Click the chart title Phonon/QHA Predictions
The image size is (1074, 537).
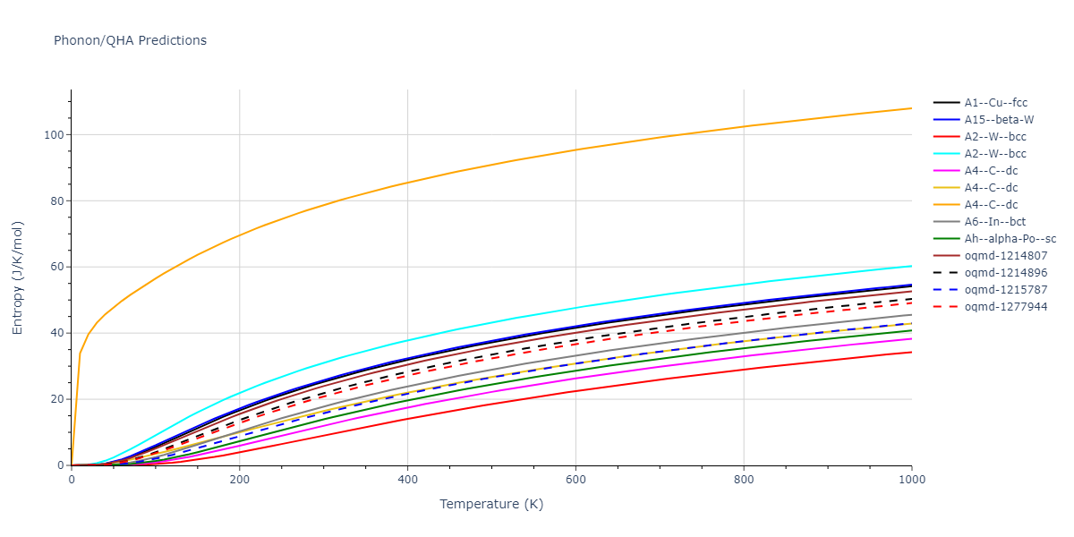coord(130,40)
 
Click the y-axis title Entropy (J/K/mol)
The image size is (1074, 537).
coord(18,277)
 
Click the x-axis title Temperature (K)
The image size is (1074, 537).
coord(491,504)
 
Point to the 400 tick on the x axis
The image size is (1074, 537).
coord(407,480)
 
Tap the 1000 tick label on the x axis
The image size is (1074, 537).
coord(911,480)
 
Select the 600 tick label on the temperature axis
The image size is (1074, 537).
coord(575,480)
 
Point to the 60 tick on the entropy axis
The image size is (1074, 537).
coord(56,267)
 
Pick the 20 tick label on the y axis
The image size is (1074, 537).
coord(56,399)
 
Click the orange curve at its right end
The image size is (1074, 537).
coord(910,108)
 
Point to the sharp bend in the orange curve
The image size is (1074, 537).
coord(80,353)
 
